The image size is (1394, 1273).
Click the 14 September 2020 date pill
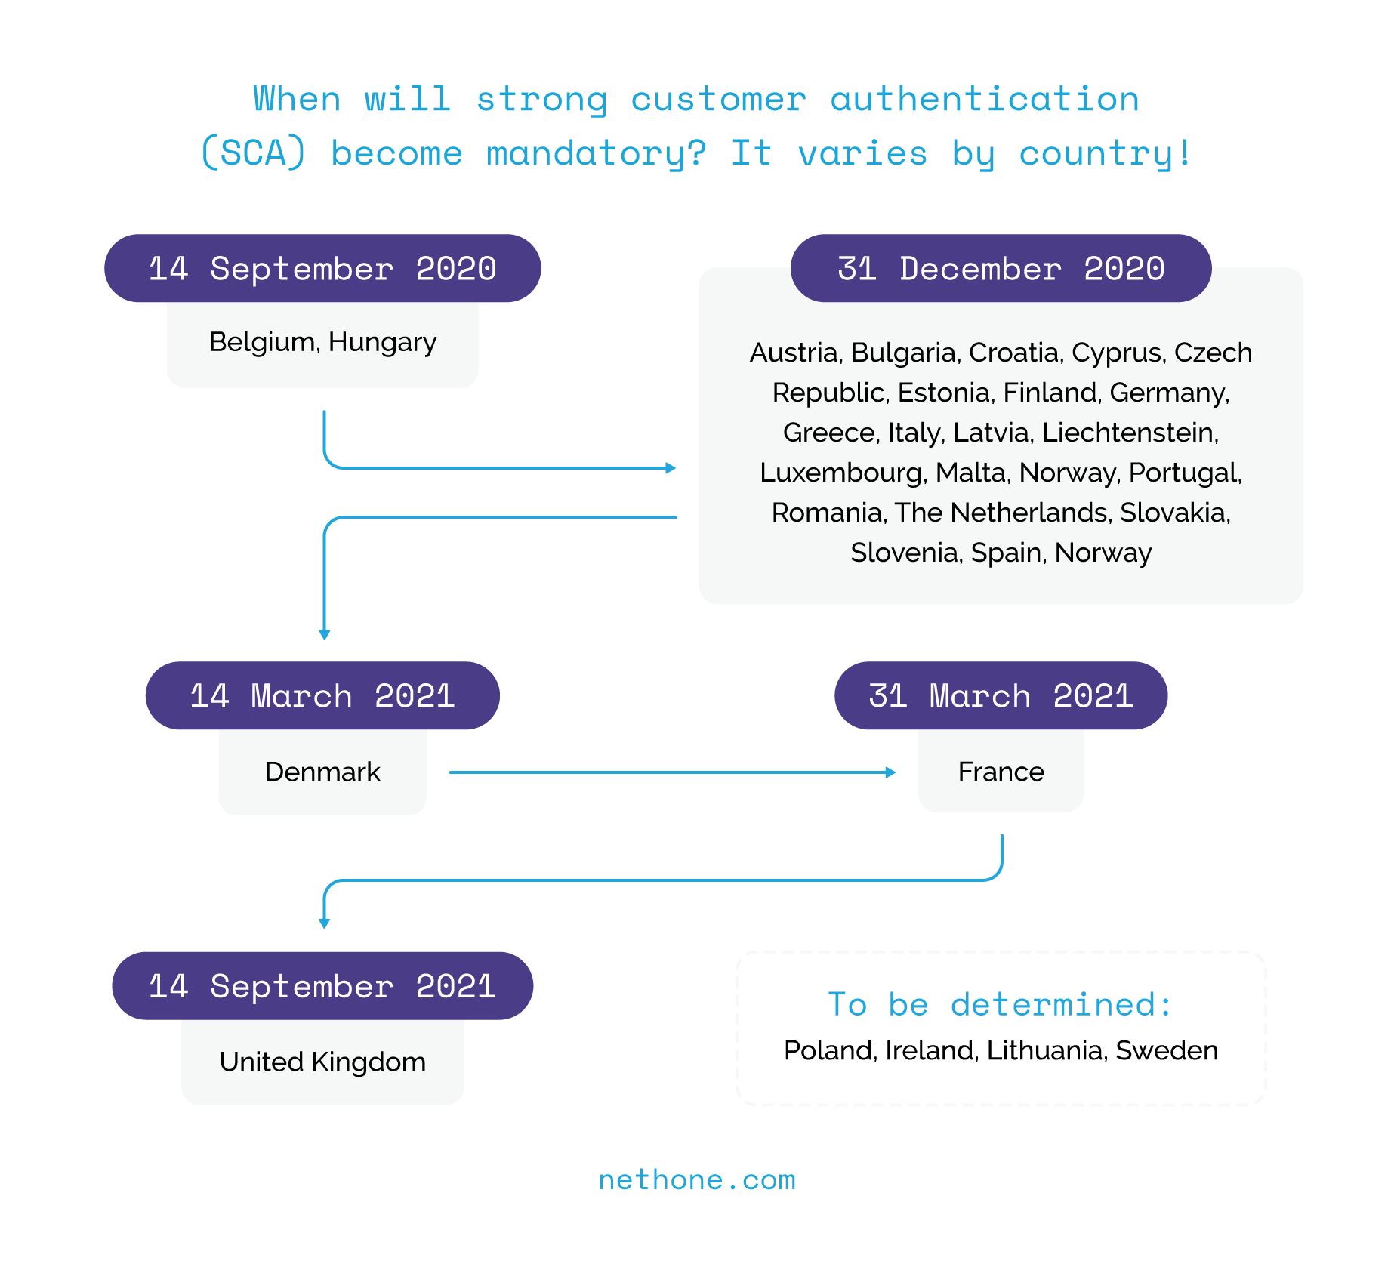(322, 269)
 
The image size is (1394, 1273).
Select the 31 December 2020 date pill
(1001, 269)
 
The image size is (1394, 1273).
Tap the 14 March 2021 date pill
(322, 695)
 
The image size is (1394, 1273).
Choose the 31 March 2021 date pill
(1001, 695)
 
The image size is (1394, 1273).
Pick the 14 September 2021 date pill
(322, 986)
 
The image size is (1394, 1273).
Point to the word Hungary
(382, 343)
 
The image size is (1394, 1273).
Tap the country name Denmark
(322, 772)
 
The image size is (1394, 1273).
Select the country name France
(1001, 772)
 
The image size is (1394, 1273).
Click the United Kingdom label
(322, 1062)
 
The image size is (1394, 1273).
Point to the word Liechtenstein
(1129, 433)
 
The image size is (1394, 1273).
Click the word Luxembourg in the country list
(841, 473)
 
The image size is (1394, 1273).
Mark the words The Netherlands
(1001, 513)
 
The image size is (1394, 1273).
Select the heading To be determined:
(1001, 1004)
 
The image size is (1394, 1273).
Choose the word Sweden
(1167, 1050)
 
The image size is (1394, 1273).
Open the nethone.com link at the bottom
(697, 1179)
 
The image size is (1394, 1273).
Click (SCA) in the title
(254, 153)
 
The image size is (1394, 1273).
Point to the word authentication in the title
(985, 99)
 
